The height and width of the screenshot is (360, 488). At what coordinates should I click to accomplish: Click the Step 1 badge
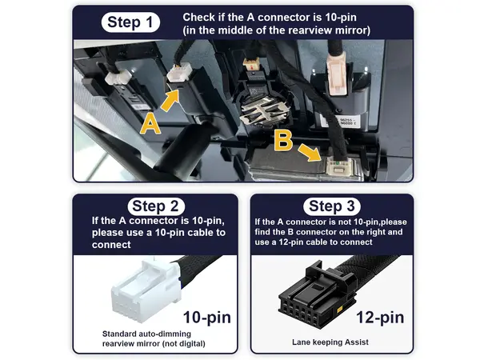130,22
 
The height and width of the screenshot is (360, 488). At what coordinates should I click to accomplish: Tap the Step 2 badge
156,206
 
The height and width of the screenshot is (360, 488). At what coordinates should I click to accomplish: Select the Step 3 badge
332,206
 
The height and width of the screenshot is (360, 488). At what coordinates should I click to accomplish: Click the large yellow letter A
150,124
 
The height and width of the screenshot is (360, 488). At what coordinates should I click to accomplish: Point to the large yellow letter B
283,140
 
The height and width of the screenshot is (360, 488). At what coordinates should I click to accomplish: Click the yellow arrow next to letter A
170,100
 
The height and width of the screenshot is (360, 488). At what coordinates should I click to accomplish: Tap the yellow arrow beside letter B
310,153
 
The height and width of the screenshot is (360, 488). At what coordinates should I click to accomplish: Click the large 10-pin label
207,318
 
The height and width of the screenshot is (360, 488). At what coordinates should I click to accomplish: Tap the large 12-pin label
380,318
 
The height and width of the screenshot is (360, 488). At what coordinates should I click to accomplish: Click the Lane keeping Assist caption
330,342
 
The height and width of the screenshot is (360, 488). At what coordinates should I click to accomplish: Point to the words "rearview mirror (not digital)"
154,344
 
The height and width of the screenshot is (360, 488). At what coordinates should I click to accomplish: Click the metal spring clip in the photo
264,110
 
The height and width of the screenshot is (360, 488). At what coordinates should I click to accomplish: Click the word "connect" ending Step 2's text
111,245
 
